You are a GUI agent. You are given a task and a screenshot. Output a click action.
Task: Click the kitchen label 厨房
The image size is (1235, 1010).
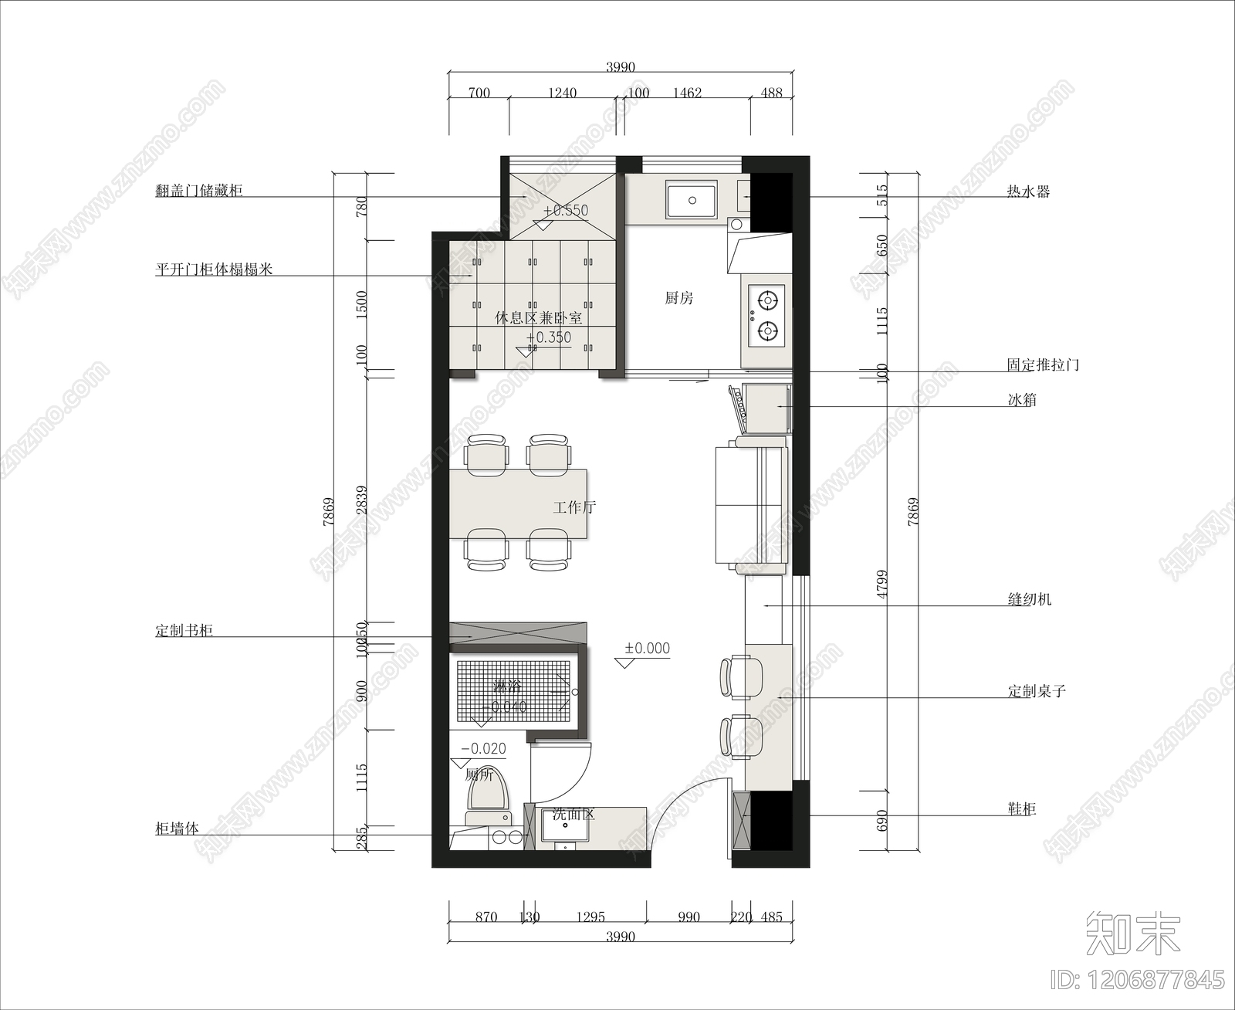pos(678,298)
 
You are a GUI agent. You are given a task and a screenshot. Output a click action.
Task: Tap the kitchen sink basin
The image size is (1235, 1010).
pos(692,201)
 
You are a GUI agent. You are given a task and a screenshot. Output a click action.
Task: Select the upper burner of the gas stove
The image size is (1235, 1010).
pos(766,299)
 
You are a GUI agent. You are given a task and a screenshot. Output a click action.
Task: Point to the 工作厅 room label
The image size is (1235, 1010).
pos(574,507)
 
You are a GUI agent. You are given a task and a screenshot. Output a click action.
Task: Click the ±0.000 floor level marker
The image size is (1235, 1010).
pos(647,649)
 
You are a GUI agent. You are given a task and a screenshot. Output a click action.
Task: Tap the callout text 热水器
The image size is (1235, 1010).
pos(1028,191)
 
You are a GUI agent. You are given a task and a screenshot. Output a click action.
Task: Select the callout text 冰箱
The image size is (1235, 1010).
pos(1022,400)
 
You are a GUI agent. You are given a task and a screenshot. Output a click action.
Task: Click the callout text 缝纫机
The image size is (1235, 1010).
pos(1030,599)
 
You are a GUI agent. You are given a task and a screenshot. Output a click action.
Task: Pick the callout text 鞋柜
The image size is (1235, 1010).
pos(1022,809)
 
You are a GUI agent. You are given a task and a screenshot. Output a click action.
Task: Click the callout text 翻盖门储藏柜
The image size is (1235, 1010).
pos(199,191)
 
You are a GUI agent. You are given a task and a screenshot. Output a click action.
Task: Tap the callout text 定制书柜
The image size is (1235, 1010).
pos(184,631)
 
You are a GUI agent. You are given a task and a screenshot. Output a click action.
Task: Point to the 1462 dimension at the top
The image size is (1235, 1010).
pos(687,93)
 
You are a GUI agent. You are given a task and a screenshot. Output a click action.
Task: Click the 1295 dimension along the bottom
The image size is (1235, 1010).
pos(590,917)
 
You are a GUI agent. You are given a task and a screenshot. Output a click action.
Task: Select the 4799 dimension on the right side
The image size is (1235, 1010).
pos(882,585)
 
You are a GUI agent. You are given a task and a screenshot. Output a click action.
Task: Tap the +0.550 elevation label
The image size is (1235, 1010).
pos(566,210)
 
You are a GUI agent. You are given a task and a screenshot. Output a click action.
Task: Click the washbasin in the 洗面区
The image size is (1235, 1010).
pos(565,829)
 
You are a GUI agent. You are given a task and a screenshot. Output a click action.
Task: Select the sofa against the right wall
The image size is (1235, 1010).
pos(751,506)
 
